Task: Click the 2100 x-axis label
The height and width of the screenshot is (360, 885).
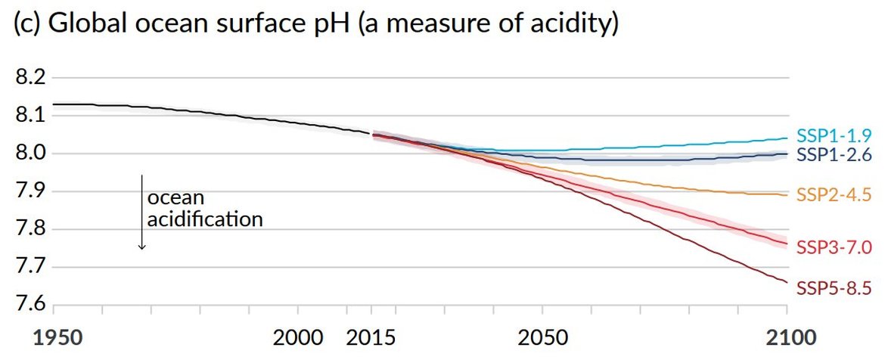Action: (787, 337)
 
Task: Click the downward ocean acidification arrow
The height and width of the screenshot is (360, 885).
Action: (141, 212)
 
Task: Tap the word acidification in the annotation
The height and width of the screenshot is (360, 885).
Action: (205, 221)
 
